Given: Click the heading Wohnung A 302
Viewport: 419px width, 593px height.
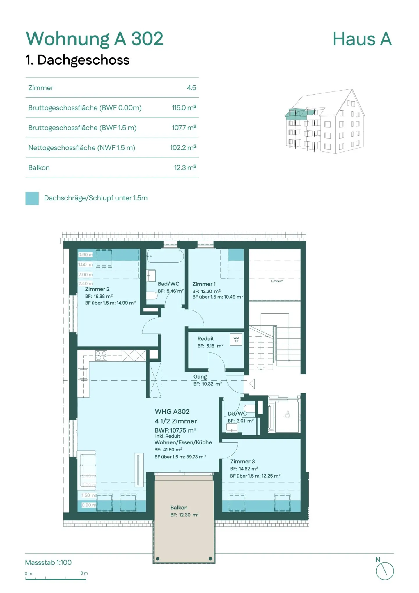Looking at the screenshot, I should (x=95, y=39).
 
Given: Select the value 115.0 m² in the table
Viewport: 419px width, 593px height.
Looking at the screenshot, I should (x=184, y=108).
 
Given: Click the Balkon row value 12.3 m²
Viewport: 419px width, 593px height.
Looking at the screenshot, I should (x=185, y=168).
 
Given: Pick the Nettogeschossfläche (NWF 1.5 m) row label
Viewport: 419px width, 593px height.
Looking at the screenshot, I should (x=81, y=148).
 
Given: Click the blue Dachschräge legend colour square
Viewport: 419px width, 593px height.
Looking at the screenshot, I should (x=32, y=198).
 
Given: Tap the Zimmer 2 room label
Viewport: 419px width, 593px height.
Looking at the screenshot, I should (x=97, y=289).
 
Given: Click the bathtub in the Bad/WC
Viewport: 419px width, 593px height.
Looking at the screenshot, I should (x=165, y=256).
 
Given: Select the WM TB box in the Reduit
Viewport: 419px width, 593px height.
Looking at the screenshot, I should (x=236, y=340).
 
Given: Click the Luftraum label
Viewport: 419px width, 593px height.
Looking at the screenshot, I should (x=277, y=281).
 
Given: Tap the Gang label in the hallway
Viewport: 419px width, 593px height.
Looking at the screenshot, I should (x=200, y=377).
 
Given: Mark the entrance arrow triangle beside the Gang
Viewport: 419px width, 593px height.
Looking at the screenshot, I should (x=252, y=384).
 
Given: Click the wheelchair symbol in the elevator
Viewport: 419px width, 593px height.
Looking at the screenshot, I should (x=287, y=414).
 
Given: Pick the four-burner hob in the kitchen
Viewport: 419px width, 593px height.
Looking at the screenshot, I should (x=101, y=355).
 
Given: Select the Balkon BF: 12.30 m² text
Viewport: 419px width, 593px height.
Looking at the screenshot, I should (x=184, y=515).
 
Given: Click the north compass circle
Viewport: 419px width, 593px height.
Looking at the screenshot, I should (x=384, y=571).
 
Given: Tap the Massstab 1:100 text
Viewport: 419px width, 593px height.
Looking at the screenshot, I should (x=48, y=562).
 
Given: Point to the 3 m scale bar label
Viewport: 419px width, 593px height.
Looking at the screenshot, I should (x=84, y=573).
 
